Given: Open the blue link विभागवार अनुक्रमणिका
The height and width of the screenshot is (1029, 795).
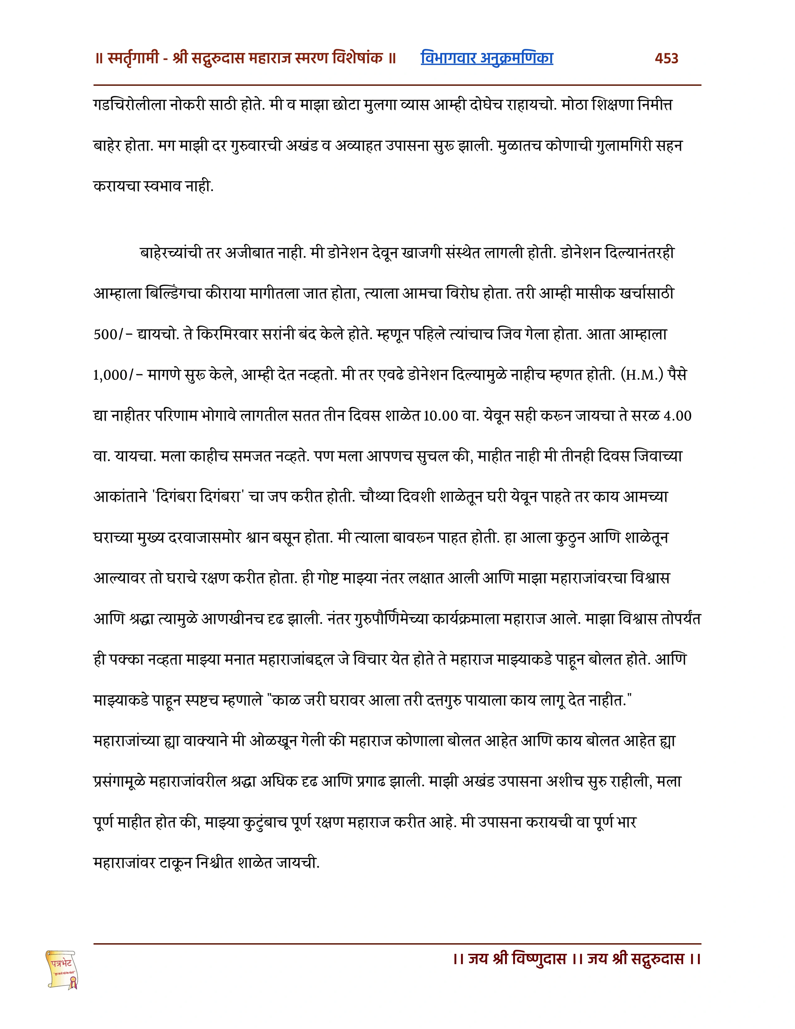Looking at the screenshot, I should pyautogui.click(x=487, y=58).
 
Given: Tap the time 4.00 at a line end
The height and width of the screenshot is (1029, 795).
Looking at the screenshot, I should pyautogui.click(x=677, y=416).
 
